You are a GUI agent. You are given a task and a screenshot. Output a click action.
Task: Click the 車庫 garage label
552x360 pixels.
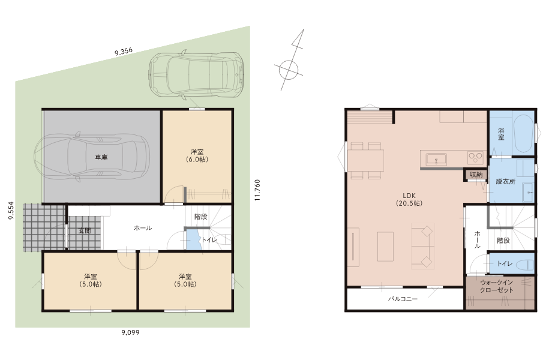pos(101,157)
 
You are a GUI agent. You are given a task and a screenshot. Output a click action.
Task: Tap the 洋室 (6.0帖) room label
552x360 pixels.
pos(197,155)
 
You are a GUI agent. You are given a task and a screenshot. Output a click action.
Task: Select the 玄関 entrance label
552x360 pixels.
pos(85,231)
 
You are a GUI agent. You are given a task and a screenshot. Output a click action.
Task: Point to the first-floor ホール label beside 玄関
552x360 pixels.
pos(143,228)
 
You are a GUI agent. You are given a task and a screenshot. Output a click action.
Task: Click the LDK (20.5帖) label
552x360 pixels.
pos(409,199)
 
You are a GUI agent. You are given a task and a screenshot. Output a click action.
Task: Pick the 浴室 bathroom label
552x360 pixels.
pos(501,134)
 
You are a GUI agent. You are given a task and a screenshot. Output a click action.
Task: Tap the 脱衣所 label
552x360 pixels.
pos(506,182)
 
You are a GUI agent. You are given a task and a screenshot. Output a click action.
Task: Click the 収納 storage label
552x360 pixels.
pos(476,175)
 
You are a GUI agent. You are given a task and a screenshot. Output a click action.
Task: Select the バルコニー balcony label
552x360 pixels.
pos(403,299)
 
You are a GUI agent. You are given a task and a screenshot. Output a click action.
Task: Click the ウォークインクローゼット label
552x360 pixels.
pos(496,286)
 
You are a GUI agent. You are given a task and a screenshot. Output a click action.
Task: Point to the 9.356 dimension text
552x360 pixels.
pos(124,52)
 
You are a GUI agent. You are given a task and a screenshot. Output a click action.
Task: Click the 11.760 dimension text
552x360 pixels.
pos(257,190)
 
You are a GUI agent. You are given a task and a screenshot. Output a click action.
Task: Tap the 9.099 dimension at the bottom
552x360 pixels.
pos(130,332)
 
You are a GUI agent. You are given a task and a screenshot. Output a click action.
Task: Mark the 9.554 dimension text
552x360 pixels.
pos(11,211)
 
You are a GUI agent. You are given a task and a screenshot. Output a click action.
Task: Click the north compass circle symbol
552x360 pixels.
pos(289,70)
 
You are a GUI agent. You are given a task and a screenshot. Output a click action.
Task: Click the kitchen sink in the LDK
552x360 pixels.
pos(436,160)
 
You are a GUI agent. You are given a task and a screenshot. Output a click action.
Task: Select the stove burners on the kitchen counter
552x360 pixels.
pos(475,157)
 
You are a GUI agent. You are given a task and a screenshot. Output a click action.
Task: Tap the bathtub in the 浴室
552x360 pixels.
pos(523,134)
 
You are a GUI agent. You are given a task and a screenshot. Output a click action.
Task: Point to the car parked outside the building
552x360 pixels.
pos(196,74)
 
